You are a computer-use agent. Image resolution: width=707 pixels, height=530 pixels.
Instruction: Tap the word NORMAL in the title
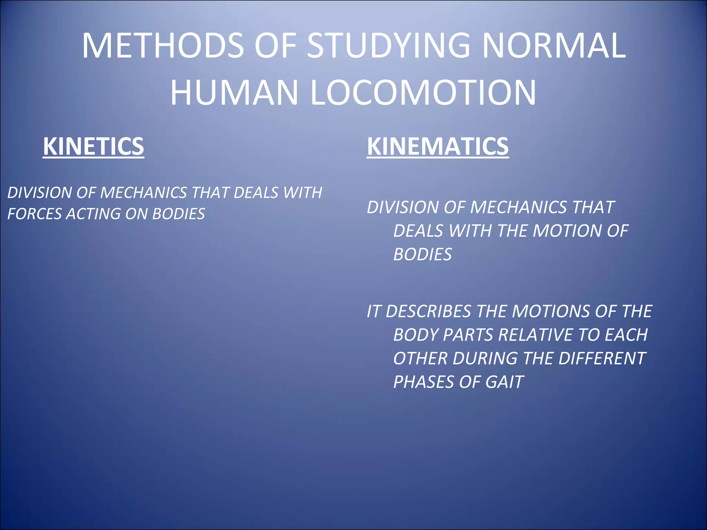(554, 46)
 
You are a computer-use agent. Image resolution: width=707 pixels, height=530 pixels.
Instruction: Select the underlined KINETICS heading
(93, 146)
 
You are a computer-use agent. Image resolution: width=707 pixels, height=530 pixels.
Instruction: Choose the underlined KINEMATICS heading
(437, 146)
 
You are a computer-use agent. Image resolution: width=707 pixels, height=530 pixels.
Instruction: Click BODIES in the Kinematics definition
(422, 255)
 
